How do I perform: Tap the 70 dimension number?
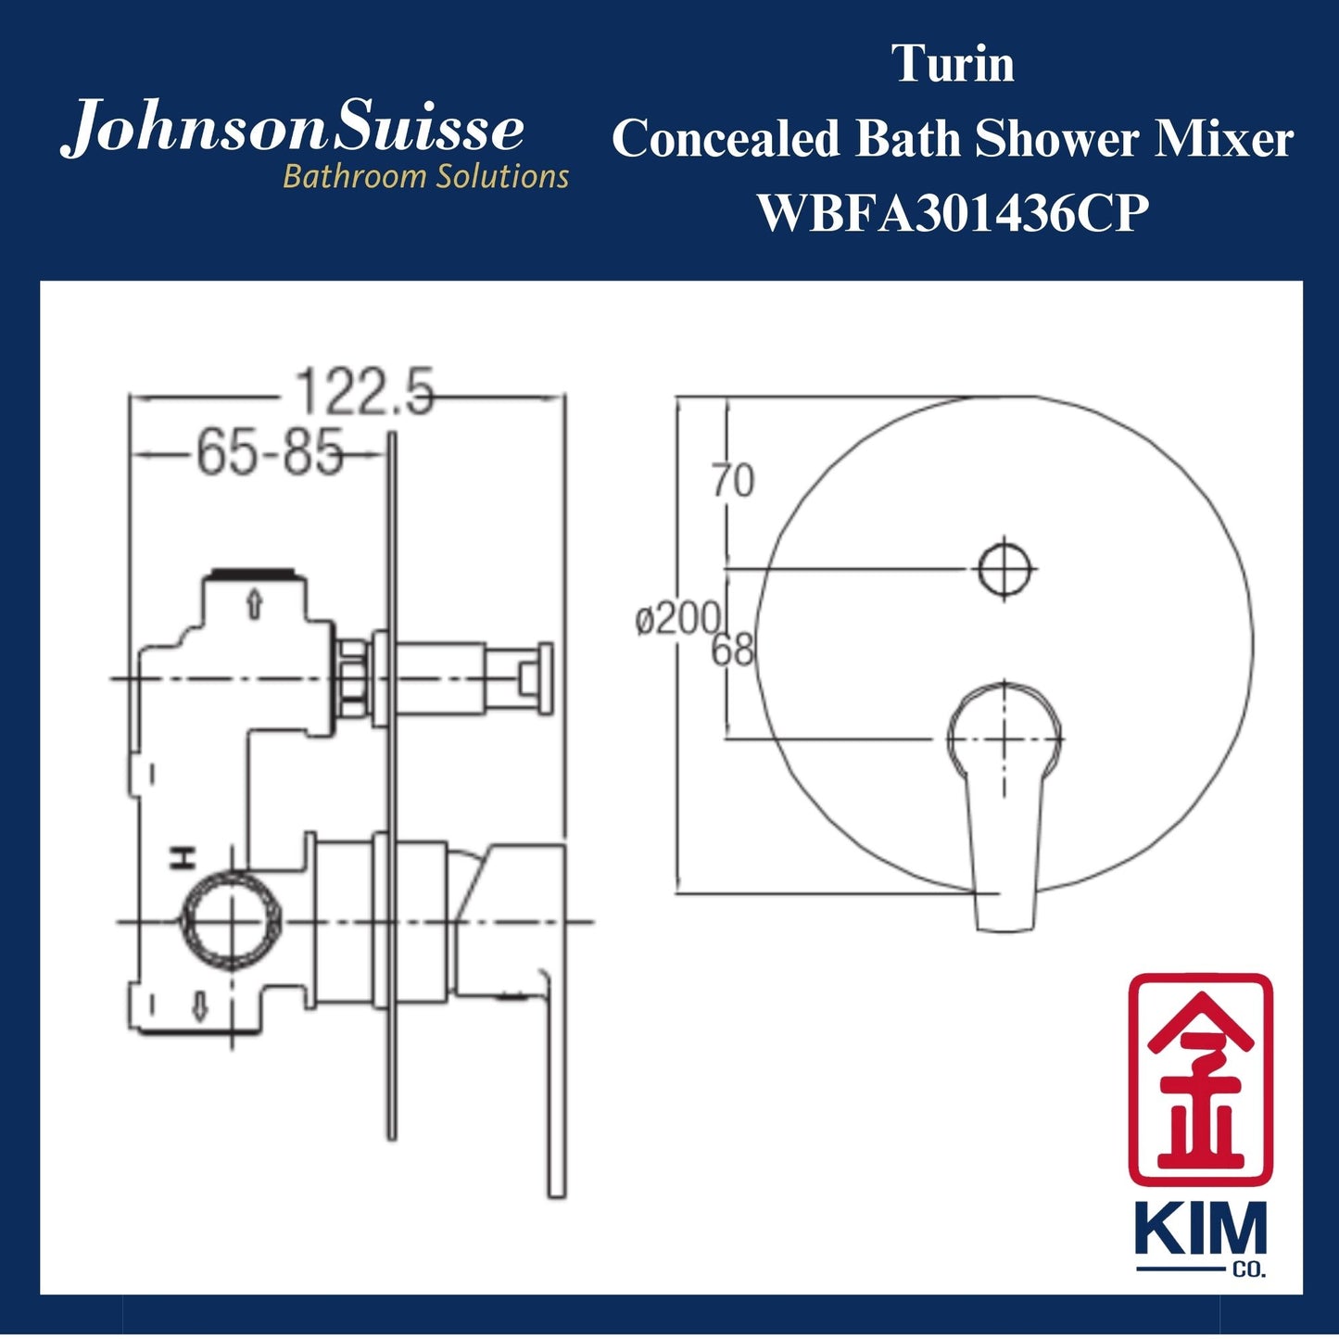tap(733, 480)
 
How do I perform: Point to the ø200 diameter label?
tap(677, 619)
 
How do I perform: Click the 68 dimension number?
tap(732, 651)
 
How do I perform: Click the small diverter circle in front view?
tap(1005, 568)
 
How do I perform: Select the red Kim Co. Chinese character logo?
tap(1200, 1080)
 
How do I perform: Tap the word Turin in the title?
tap(953, 64)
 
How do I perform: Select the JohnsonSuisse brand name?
tap(293, 129)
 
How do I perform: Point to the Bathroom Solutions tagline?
tap(425, 176)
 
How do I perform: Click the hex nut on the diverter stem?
tap(352, 678)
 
